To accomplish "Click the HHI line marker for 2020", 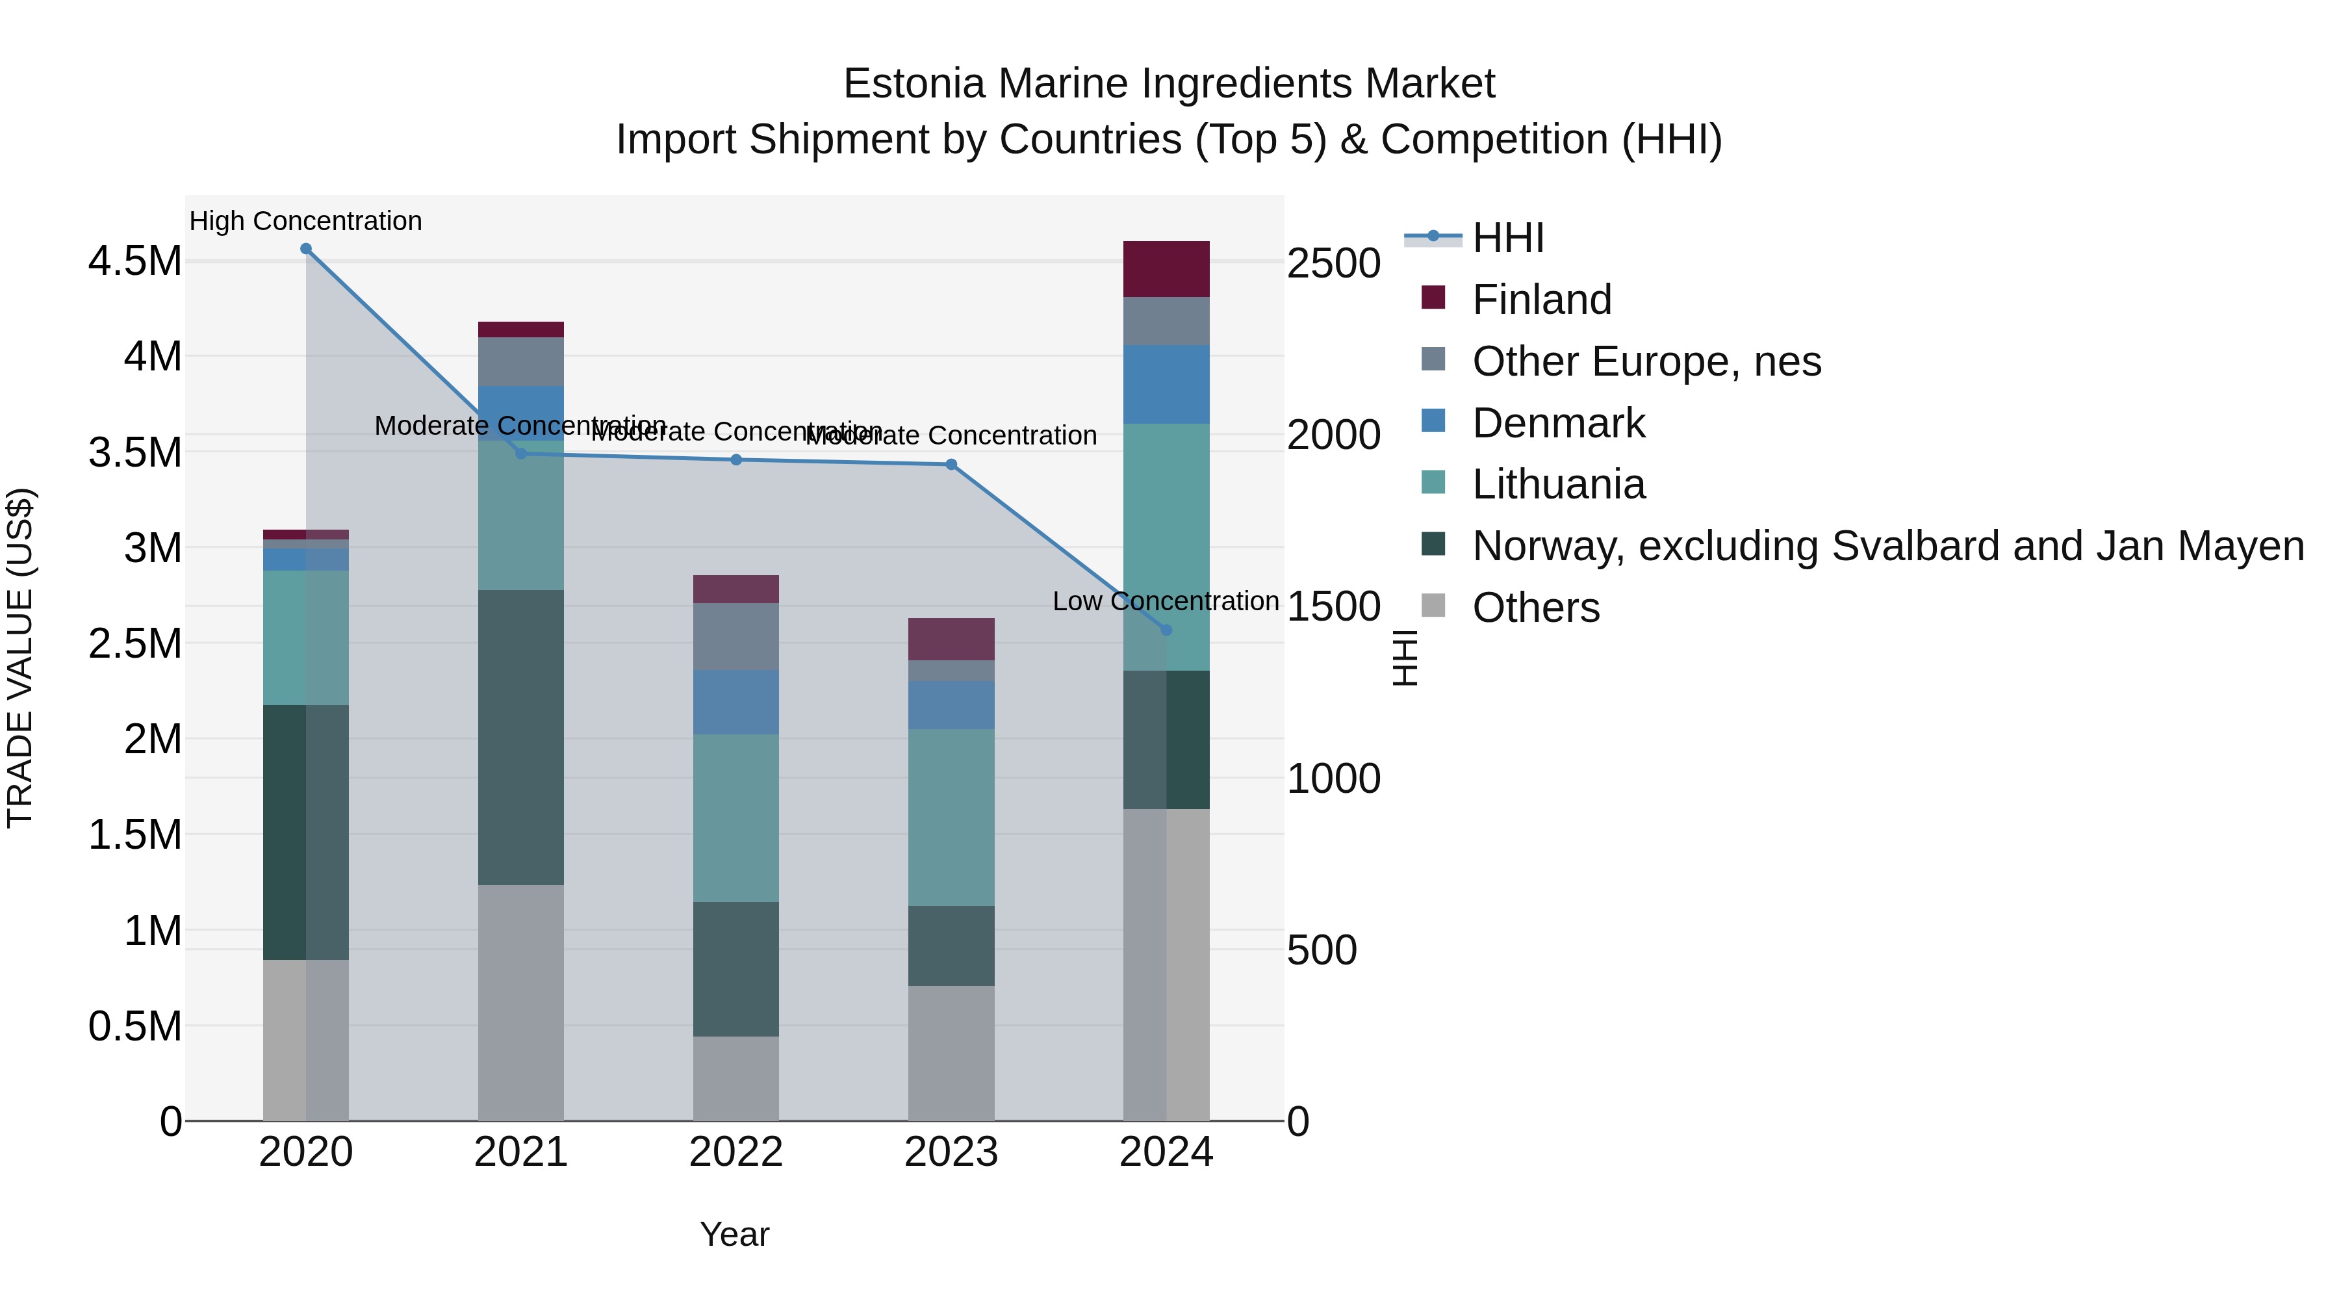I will (306, 249).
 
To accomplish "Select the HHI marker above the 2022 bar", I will (736, 459).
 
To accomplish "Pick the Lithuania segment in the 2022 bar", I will (736, 818).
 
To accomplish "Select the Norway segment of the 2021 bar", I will (521, 738).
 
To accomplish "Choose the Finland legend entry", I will (1541, 300).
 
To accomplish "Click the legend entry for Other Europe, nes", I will (1645, 361).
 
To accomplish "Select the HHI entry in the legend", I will (1507, 238).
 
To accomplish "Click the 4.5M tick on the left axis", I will (135, 261).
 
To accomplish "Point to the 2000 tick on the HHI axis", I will (1334, 435).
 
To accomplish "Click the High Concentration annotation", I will (306, 221).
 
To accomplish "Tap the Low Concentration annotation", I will (1166, 601).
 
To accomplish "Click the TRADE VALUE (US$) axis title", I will (20, 658).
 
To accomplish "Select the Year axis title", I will (735, 1234).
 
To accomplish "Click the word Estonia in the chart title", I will (914, 84).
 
